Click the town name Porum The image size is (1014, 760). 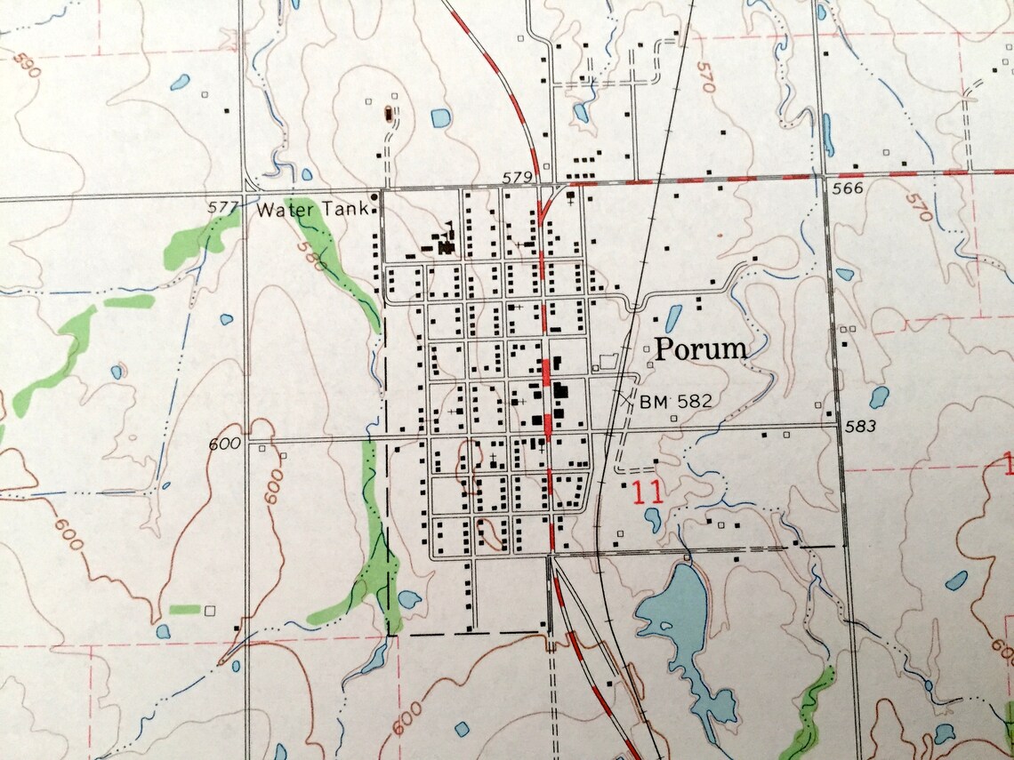click(x=701, y=349)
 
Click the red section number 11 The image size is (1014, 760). click(x=648, y=493)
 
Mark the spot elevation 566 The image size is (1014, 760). click(x=849, y=189)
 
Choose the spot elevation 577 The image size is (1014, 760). click(x=222, y=208)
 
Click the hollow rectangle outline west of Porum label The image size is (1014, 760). click(x=608, y=361)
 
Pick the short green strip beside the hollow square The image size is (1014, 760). click(x=185, y=609)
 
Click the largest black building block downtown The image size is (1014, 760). click(x=561, y=391)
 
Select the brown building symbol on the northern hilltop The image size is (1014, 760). click(x=389, y=113)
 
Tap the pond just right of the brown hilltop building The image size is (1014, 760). click(x=440, y=117)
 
